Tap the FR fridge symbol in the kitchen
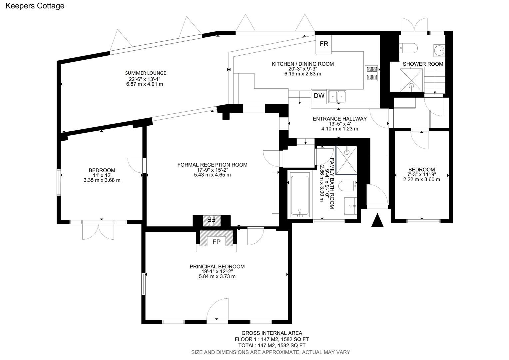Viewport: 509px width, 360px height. click(324, 44)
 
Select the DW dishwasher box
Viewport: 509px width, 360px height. click(319, 96)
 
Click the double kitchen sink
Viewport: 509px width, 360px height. click(337, 96)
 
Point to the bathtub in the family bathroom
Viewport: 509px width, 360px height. click(300, 194)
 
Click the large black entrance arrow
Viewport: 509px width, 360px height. click(377, 220)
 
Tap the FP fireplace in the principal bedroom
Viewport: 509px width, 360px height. click(217, 242)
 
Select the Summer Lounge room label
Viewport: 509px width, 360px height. click(145, 73)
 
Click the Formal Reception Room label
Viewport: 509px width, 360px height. click(212, 165)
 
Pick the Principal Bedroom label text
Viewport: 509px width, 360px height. click(217, 266)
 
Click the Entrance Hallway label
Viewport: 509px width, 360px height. click(339, 119)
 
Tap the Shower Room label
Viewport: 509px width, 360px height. click(423, 64)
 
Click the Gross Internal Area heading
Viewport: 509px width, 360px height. click(271, 333)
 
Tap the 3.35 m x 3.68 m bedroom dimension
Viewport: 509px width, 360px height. click(102, 180)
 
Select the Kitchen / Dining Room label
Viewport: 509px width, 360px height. click(302, 64)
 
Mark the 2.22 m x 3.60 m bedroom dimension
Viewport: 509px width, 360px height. click(421, 179)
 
